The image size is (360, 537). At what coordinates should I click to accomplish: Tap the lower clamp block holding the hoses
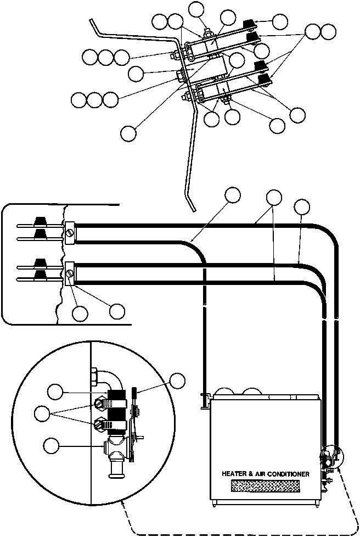pos(70,272)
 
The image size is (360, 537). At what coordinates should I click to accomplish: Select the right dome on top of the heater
pos(251,392)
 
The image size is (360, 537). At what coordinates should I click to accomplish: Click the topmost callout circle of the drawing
pos(196,9)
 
